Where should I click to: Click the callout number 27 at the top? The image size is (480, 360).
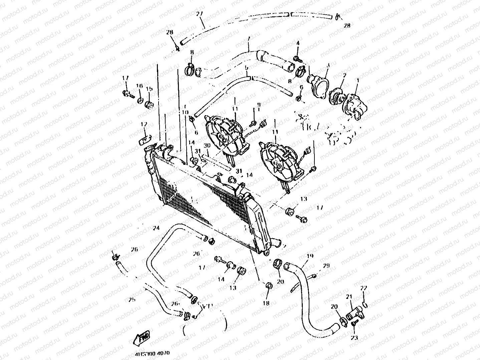coord(199,14)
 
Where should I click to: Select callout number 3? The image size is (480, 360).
coord(328,66)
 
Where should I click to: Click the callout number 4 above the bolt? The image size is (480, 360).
coord(298,43)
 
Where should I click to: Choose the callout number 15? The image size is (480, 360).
coord(149,89)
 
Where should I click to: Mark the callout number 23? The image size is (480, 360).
coord(354,338)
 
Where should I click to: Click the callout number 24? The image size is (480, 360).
coord(156,229)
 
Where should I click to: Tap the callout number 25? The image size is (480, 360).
coord(132,299)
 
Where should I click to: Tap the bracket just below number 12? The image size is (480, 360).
coord(145,138)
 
